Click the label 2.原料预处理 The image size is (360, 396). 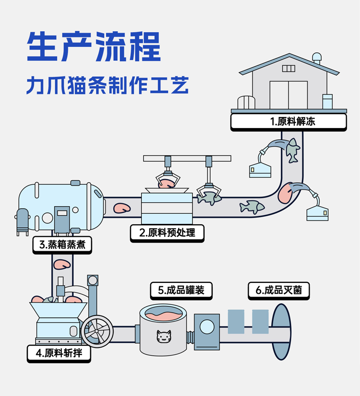point(168,233)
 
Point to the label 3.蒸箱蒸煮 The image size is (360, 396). point(62,245)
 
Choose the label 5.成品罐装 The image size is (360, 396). point(181,290)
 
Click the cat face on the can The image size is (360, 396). point(164,337)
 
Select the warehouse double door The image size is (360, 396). point(288,94)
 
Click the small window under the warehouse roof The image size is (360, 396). point(288,69)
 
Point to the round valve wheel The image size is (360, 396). point(97,330)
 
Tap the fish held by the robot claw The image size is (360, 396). point(209,197)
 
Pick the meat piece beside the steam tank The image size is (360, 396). point(121,208)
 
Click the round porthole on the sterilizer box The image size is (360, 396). point(207,327)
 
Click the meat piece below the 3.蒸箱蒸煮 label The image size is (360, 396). point(62,264)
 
